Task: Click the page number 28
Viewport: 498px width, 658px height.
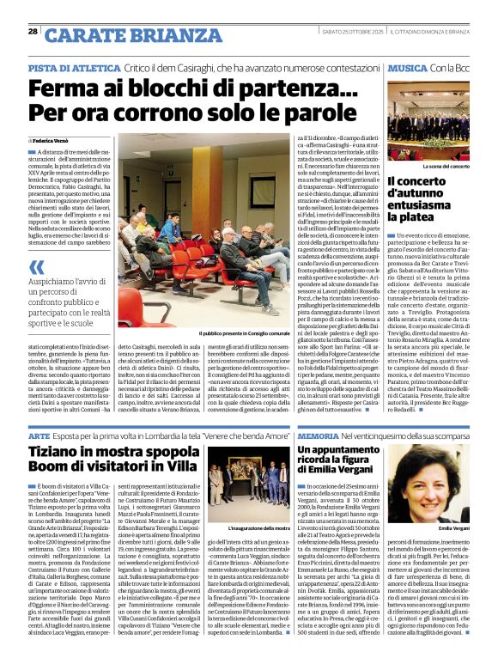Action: coord(33,32)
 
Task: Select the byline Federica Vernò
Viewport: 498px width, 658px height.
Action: coord(55,139)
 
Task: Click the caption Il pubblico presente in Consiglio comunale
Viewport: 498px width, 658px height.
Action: coord(246,333)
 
